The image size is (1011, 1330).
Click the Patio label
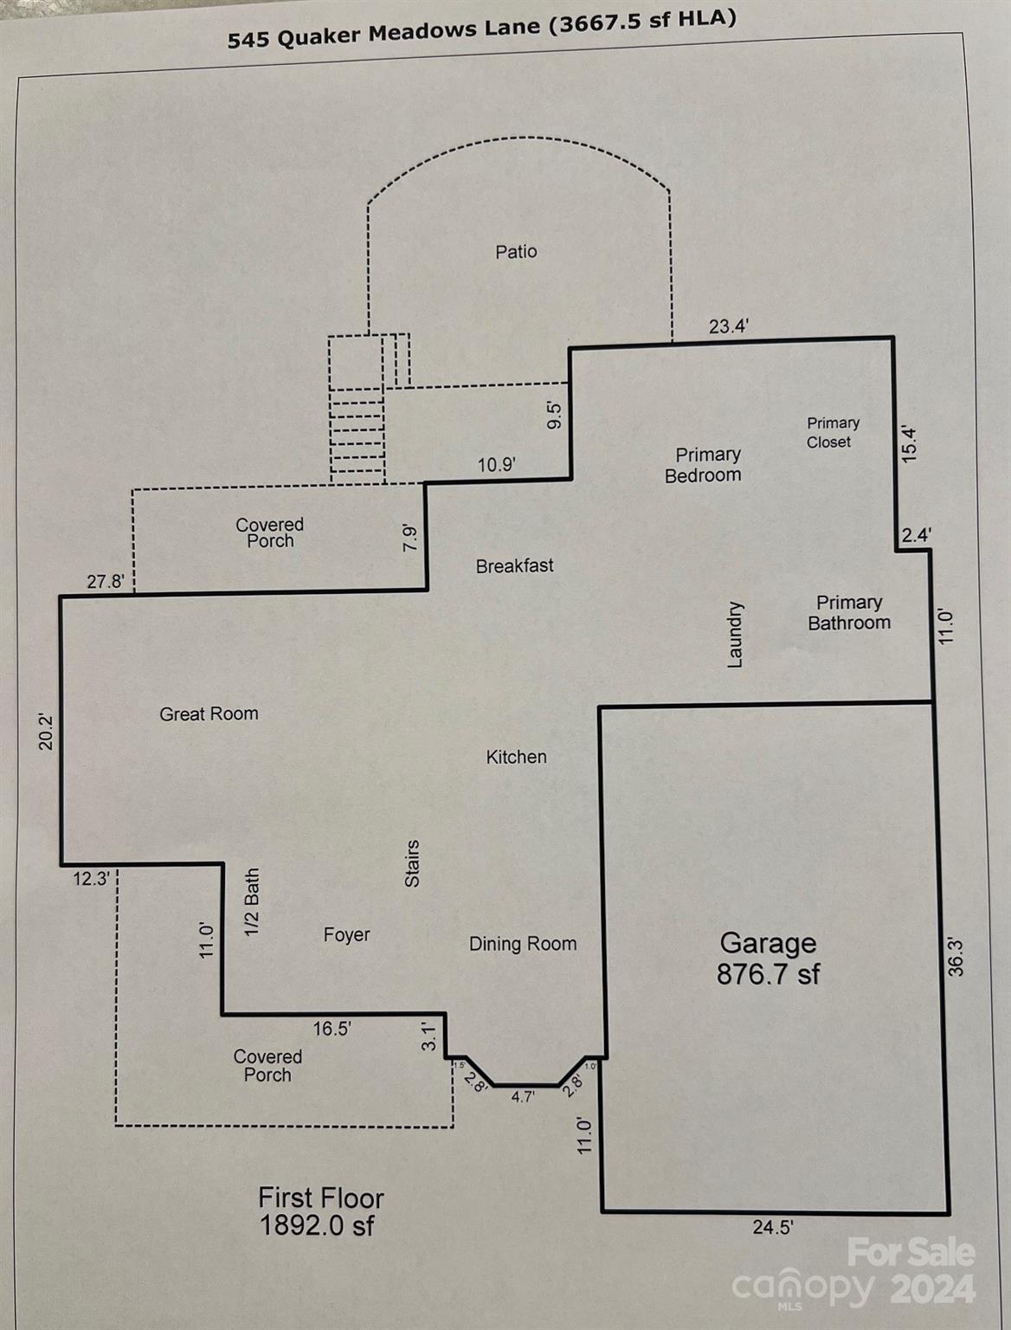516,252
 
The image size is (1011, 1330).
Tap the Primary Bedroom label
705,465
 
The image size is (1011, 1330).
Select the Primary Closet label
832,432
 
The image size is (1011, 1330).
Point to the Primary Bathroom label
849,613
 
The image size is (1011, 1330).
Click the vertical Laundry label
735,635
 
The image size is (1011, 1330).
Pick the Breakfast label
514,566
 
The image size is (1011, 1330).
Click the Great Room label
209,714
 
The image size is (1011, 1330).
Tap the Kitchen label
516,758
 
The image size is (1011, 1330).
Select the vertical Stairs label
412,863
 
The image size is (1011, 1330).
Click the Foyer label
346,935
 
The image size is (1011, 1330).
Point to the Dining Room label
523,945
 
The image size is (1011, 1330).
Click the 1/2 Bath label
252,902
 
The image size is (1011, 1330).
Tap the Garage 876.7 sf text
768,959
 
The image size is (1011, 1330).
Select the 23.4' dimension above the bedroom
729,326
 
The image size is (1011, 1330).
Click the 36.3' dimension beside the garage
956,956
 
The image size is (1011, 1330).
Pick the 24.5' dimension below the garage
771,1227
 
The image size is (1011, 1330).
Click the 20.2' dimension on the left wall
46,731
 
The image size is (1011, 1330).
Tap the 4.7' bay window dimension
523,1096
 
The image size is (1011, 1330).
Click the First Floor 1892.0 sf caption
320,1211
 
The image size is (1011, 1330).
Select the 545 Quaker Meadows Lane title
481,29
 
